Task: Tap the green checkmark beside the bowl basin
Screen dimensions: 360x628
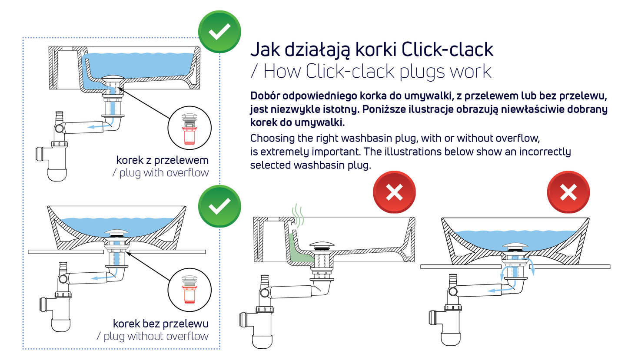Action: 219,207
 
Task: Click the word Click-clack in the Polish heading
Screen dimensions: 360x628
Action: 447,49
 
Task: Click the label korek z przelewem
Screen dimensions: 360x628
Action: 162,160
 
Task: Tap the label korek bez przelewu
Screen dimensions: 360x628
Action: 160,324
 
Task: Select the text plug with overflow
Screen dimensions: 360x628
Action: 160,172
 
